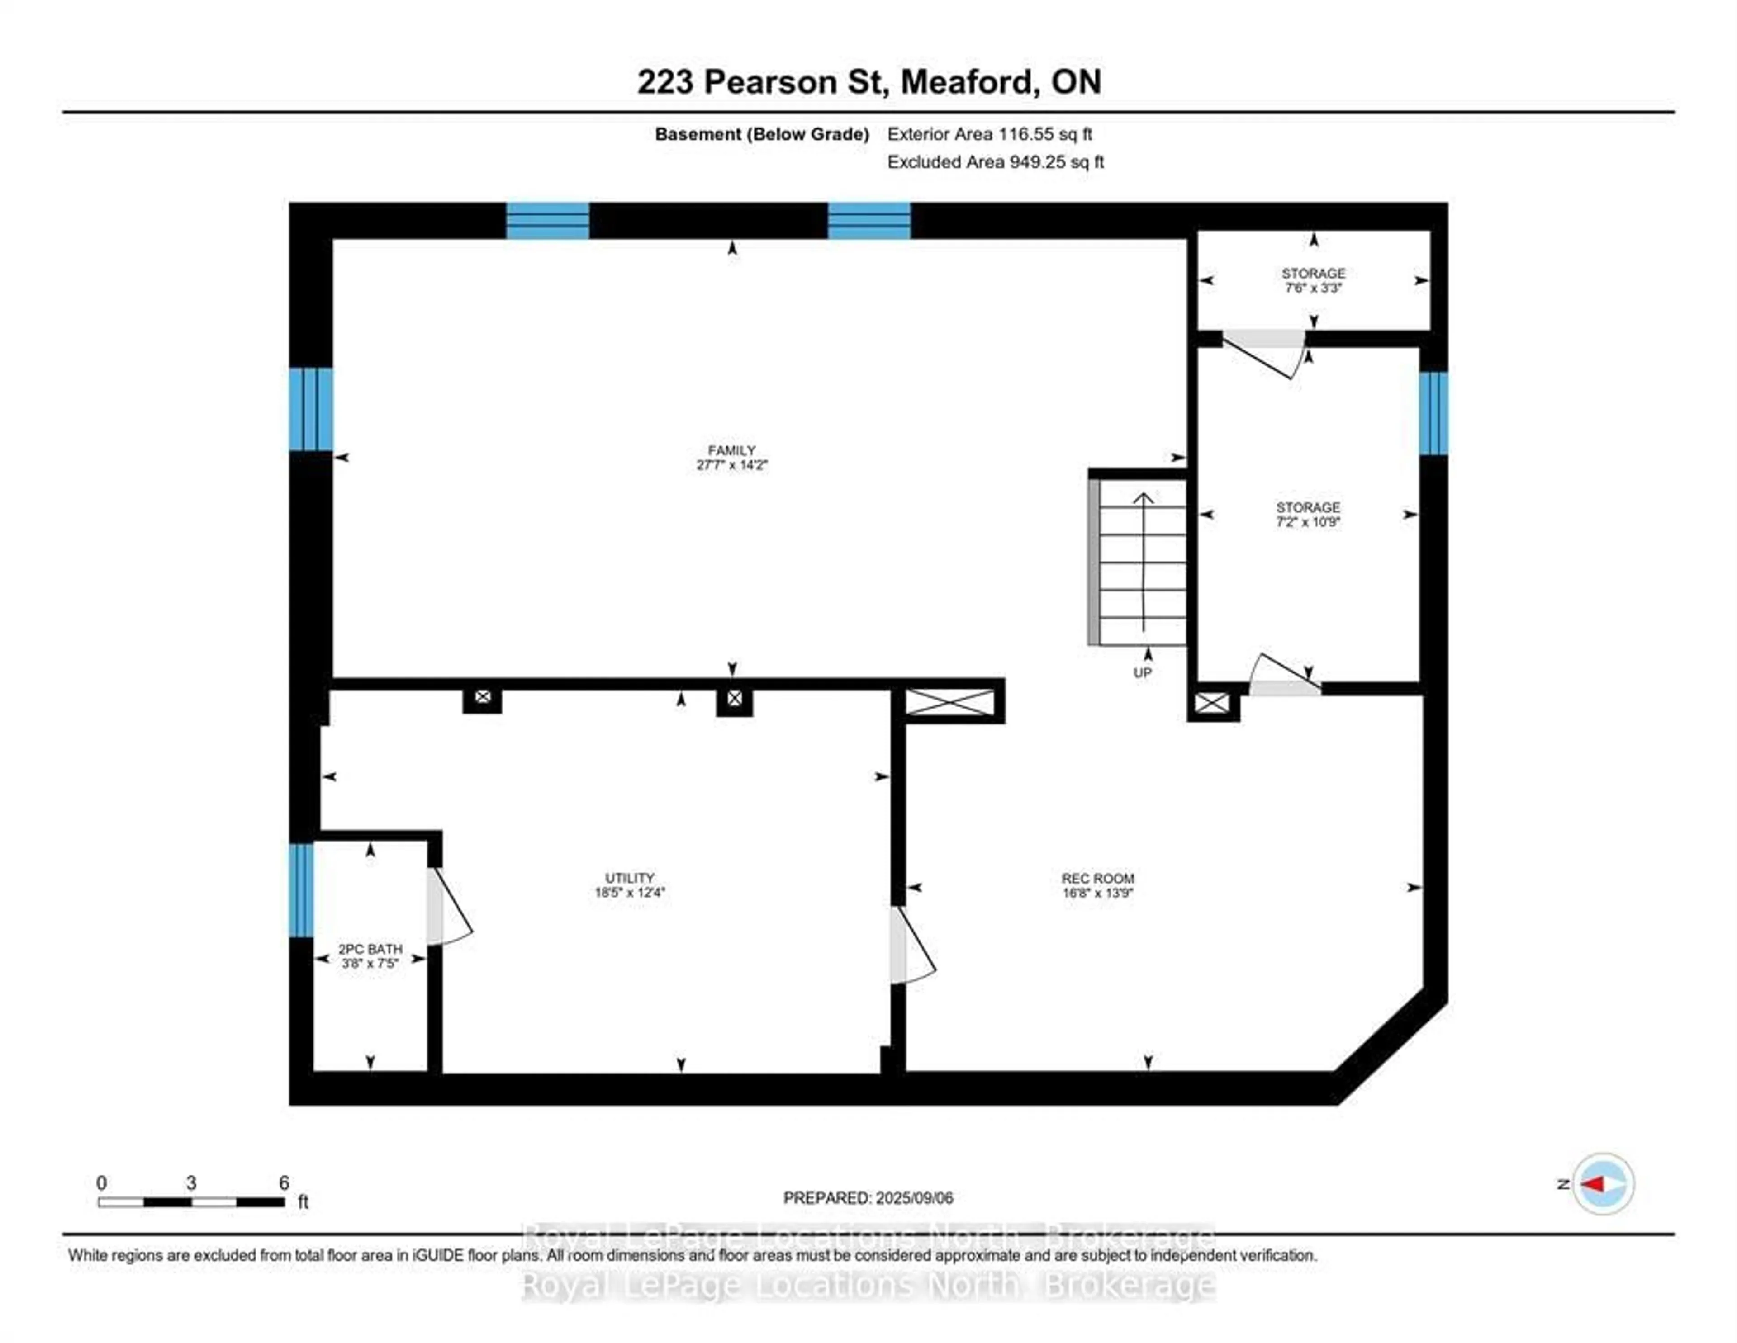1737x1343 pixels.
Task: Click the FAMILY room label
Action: [731, 450]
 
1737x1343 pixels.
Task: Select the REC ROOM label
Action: [1097, 879]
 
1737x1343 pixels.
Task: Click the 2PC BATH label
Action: [370, 949]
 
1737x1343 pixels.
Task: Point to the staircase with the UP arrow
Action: [1139, 561]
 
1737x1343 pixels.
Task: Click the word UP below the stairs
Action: [1142, 673]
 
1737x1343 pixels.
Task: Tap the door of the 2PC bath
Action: [448, 907]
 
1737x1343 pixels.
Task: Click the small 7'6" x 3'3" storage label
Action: [1313, 281]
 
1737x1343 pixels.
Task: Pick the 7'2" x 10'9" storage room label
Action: [1308, 515]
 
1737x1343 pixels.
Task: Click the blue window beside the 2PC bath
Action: [301, 890]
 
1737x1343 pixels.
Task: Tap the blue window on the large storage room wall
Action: [1433, 413]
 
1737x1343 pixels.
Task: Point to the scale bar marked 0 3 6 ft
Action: [191, 1201]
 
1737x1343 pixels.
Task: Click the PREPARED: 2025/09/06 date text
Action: [868, 1197]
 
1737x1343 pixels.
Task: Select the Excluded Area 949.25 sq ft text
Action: [995, 162]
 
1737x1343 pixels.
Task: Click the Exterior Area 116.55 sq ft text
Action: [989, 134]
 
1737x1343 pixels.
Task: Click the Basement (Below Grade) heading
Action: [761, 134]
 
